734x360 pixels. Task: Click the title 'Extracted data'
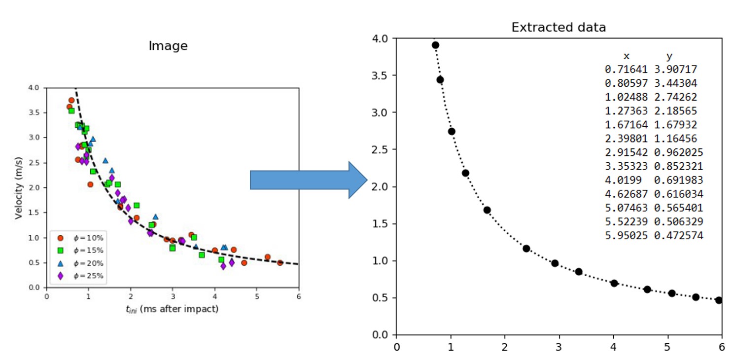pyautogui.click(x=559, y=28)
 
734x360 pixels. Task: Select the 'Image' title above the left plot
pyautogui.click(x=168, y=46)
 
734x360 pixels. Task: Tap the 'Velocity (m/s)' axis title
pyautogui.click(x=19, y=187)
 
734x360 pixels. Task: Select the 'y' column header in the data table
pyautogui.click(x=669, y=56)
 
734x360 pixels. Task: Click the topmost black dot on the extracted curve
pyautogui.click(x=435, y=45)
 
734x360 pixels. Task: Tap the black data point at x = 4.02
pyautogui.click(x=614, y=283)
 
